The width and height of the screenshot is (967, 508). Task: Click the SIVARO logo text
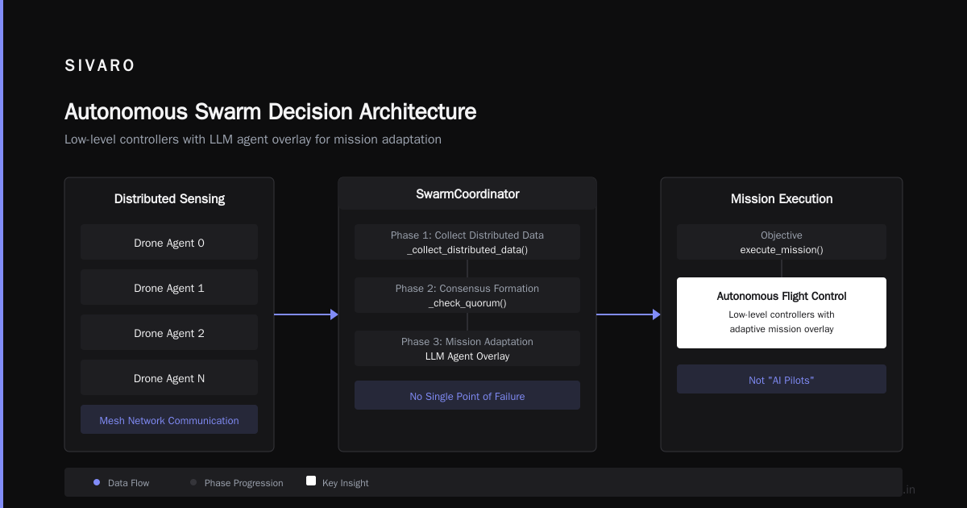pos(99,65)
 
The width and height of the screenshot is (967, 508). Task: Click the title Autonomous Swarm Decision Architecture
pos(270,111)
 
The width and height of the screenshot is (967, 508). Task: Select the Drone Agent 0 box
pos(169,242)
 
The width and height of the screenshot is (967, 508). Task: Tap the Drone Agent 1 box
pos(169,287)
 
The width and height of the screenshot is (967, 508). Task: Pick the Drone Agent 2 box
pos(169,332)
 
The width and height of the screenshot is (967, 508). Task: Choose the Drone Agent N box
pos(169,377)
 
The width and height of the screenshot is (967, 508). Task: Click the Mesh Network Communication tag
pos(169,419)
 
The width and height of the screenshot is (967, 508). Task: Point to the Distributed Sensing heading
pos(169,198)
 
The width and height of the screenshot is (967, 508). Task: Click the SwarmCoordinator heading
pos(467,194)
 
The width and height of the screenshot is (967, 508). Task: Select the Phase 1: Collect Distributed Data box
pos(467,242)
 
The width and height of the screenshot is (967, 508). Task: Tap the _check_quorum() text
pos(467,303)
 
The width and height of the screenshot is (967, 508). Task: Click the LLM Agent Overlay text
pos(467,356)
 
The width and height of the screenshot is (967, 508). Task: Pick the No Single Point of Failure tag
pos(467,395)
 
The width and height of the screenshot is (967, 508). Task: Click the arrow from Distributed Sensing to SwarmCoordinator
pos(306,314)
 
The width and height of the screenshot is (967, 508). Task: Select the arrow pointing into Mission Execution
pos(629,314)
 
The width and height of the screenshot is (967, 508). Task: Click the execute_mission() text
pos(782,250)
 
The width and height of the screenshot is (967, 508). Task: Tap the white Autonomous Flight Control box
pos(782,313)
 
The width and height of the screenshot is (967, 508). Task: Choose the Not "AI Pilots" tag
pos(782,379)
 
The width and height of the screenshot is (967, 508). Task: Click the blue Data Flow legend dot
pos(97,482)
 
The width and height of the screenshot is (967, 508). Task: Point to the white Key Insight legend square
pos(311,481)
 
